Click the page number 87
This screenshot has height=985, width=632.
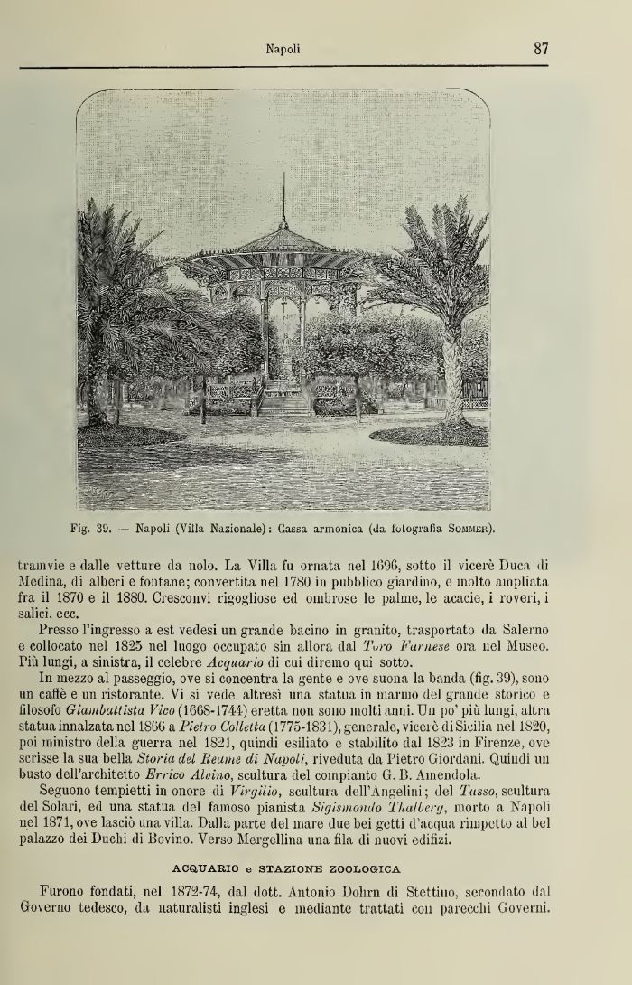(542, 49)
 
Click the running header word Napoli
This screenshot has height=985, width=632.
(283, 50)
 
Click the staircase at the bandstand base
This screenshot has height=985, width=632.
(285, 401)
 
